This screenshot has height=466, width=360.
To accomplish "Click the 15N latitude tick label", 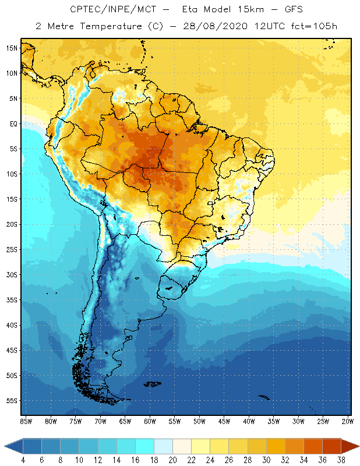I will click(12, 48).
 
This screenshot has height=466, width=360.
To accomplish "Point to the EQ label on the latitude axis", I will click(12, 123).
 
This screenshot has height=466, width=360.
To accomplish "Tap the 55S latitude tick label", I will click(12, 401).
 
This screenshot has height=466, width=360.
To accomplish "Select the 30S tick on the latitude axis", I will click(12, 275).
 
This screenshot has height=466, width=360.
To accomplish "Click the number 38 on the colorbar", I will click(340, 460).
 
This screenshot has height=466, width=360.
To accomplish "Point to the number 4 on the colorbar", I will click(23, 460).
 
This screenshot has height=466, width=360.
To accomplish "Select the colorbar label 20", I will click(172, 460).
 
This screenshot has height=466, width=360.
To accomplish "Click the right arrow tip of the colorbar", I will click(357, 447).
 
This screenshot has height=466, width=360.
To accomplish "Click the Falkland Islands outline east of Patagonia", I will click(153, 383).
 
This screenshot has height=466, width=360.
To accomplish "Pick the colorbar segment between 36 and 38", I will click(331, 447).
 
